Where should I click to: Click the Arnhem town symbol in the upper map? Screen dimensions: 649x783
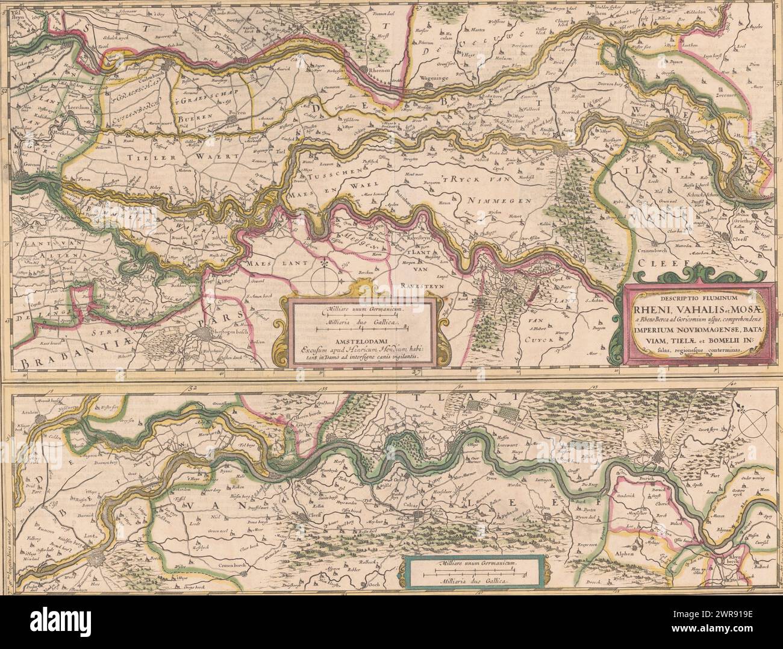pyautogui.click(x=595, y=21)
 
